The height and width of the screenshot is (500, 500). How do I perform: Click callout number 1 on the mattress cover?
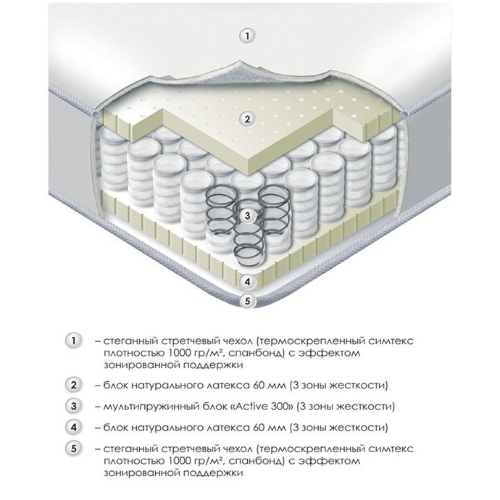(247, 36)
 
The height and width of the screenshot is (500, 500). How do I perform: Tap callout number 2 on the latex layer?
(247, 120)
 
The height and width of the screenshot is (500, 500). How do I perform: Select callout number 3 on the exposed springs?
(247, 215)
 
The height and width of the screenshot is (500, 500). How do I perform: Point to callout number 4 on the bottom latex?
(247, 282)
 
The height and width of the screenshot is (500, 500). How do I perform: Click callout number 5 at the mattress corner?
(247, 301)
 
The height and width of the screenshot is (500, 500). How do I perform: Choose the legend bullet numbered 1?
(74, 341)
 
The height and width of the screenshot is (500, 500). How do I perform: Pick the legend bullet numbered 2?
(74, 386)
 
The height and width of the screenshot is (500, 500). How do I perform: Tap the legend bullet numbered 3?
(74, 407)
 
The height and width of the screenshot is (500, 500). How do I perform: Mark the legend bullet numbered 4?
(74, 428)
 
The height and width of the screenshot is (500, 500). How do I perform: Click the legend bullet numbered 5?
(74, 449)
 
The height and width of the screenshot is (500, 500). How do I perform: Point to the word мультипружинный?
(150, 407)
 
